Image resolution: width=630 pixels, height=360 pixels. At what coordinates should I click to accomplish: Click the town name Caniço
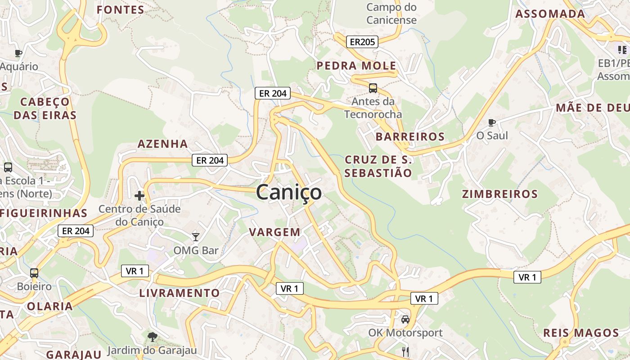289,193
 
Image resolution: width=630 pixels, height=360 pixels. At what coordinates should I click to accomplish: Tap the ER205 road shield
362,42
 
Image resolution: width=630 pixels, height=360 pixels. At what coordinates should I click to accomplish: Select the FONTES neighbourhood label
121,10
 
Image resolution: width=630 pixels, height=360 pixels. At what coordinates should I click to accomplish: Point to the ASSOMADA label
550,14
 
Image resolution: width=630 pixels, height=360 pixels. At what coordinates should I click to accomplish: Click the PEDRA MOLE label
356,66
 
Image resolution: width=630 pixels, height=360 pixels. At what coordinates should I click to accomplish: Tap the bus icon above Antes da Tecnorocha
373,88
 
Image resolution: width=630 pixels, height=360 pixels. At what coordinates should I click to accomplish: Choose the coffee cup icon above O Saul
492,122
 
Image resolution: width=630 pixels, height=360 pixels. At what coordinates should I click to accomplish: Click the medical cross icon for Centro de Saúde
139,196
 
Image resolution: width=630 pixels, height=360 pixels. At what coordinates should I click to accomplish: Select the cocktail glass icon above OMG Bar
196,237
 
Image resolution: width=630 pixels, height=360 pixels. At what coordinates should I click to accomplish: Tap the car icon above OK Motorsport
405,319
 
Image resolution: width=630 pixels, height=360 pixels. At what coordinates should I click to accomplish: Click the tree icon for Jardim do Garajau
153,337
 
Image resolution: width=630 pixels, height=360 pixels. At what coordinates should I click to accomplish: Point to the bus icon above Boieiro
34,273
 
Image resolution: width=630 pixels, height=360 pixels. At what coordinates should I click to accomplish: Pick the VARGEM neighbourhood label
274,232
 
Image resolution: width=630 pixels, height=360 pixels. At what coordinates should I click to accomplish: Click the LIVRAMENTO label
180,293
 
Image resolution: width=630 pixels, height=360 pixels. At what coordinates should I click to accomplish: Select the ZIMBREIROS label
500,194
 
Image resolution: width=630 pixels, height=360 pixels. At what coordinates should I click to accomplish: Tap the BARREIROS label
410,136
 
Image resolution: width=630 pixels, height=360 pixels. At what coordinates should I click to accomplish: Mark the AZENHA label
162,144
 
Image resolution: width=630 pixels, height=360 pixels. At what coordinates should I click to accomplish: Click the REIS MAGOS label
581,333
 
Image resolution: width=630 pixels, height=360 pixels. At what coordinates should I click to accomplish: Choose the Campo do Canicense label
391,13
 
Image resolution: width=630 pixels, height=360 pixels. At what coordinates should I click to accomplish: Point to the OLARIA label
49,306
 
